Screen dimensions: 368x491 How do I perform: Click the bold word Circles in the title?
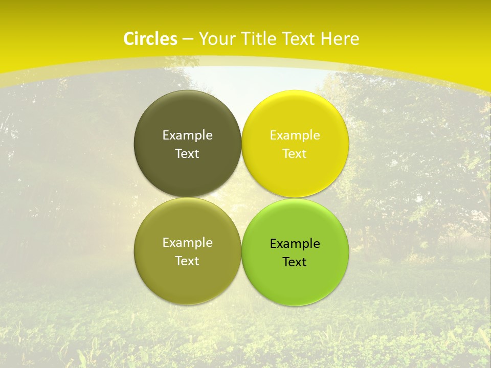pyautogui.click(x=150, y=39)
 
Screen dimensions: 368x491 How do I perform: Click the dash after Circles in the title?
pyautogui.click(x=188, y=39)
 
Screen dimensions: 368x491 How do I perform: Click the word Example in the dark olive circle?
pyautogui.click(x=187, y=135)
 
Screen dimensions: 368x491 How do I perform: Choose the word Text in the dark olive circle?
pyautogui.click(x=187, y=154)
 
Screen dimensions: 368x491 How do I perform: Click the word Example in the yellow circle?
pyautogui.click(x=295, y=135)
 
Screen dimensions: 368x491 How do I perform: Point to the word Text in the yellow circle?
pyautogui.click(x=295, y=154)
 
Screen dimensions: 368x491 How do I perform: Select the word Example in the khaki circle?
pyautogui.click(x=187, y=243)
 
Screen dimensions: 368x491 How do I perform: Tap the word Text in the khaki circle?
pyautogui.click(x=187, y=261)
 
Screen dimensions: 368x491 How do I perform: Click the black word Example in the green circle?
pyautogui.click(x=295, y=244)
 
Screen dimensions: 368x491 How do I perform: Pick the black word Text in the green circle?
pyautogui.click(x=295, y=262)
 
